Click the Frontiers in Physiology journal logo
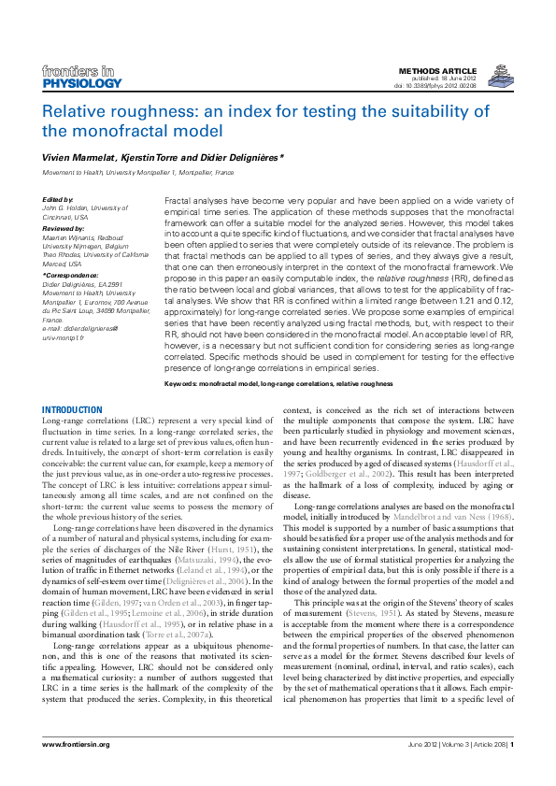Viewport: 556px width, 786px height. (x=81, y=77)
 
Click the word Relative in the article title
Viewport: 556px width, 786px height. (x=98, y=109)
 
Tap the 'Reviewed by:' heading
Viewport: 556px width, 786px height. (x=63, y=227)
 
